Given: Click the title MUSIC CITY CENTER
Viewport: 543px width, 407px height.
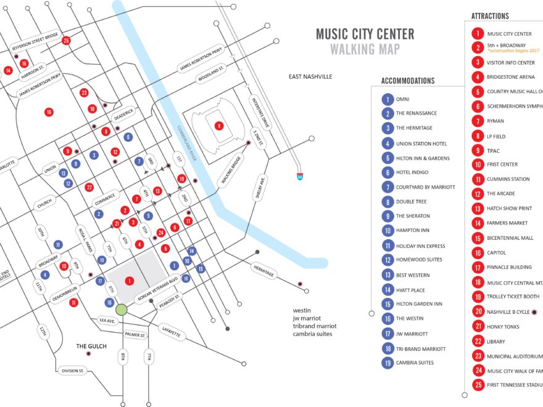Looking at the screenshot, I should [365, 34].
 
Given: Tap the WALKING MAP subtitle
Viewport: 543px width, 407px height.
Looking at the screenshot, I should [365, 49].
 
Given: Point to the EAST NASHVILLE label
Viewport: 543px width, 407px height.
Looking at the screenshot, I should [310, 76].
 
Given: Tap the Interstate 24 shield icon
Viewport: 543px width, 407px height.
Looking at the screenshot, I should [299, 176].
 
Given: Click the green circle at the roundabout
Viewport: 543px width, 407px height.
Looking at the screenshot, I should [121, 310].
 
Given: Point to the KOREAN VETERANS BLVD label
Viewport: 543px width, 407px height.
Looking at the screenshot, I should [156, 287].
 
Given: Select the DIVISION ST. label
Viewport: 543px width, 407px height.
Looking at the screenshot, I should [73, 371].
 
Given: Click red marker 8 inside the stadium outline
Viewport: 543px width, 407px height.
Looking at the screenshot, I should [218, 126].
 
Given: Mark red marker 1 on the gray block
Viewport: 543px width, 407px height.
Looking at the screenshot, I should [129, 281].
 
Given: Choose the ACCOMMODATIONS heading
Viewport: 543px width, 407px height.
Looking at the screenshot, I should [408, 81].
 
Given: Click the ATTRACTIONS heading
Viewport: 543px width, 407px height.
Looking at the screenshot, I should [490, 16].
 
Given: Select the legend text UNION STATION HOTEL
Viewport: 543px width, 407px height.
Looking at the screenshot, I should [421, 144].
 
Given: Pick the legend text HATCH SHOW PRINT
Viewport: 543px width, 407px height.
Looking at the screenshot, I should [510, 208].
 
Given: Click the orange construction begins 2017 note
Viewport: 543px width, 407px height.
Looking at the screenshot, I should [513, 51].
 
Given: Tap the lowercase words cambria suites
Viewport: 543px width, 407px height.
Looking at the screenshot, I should [312, 334].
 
